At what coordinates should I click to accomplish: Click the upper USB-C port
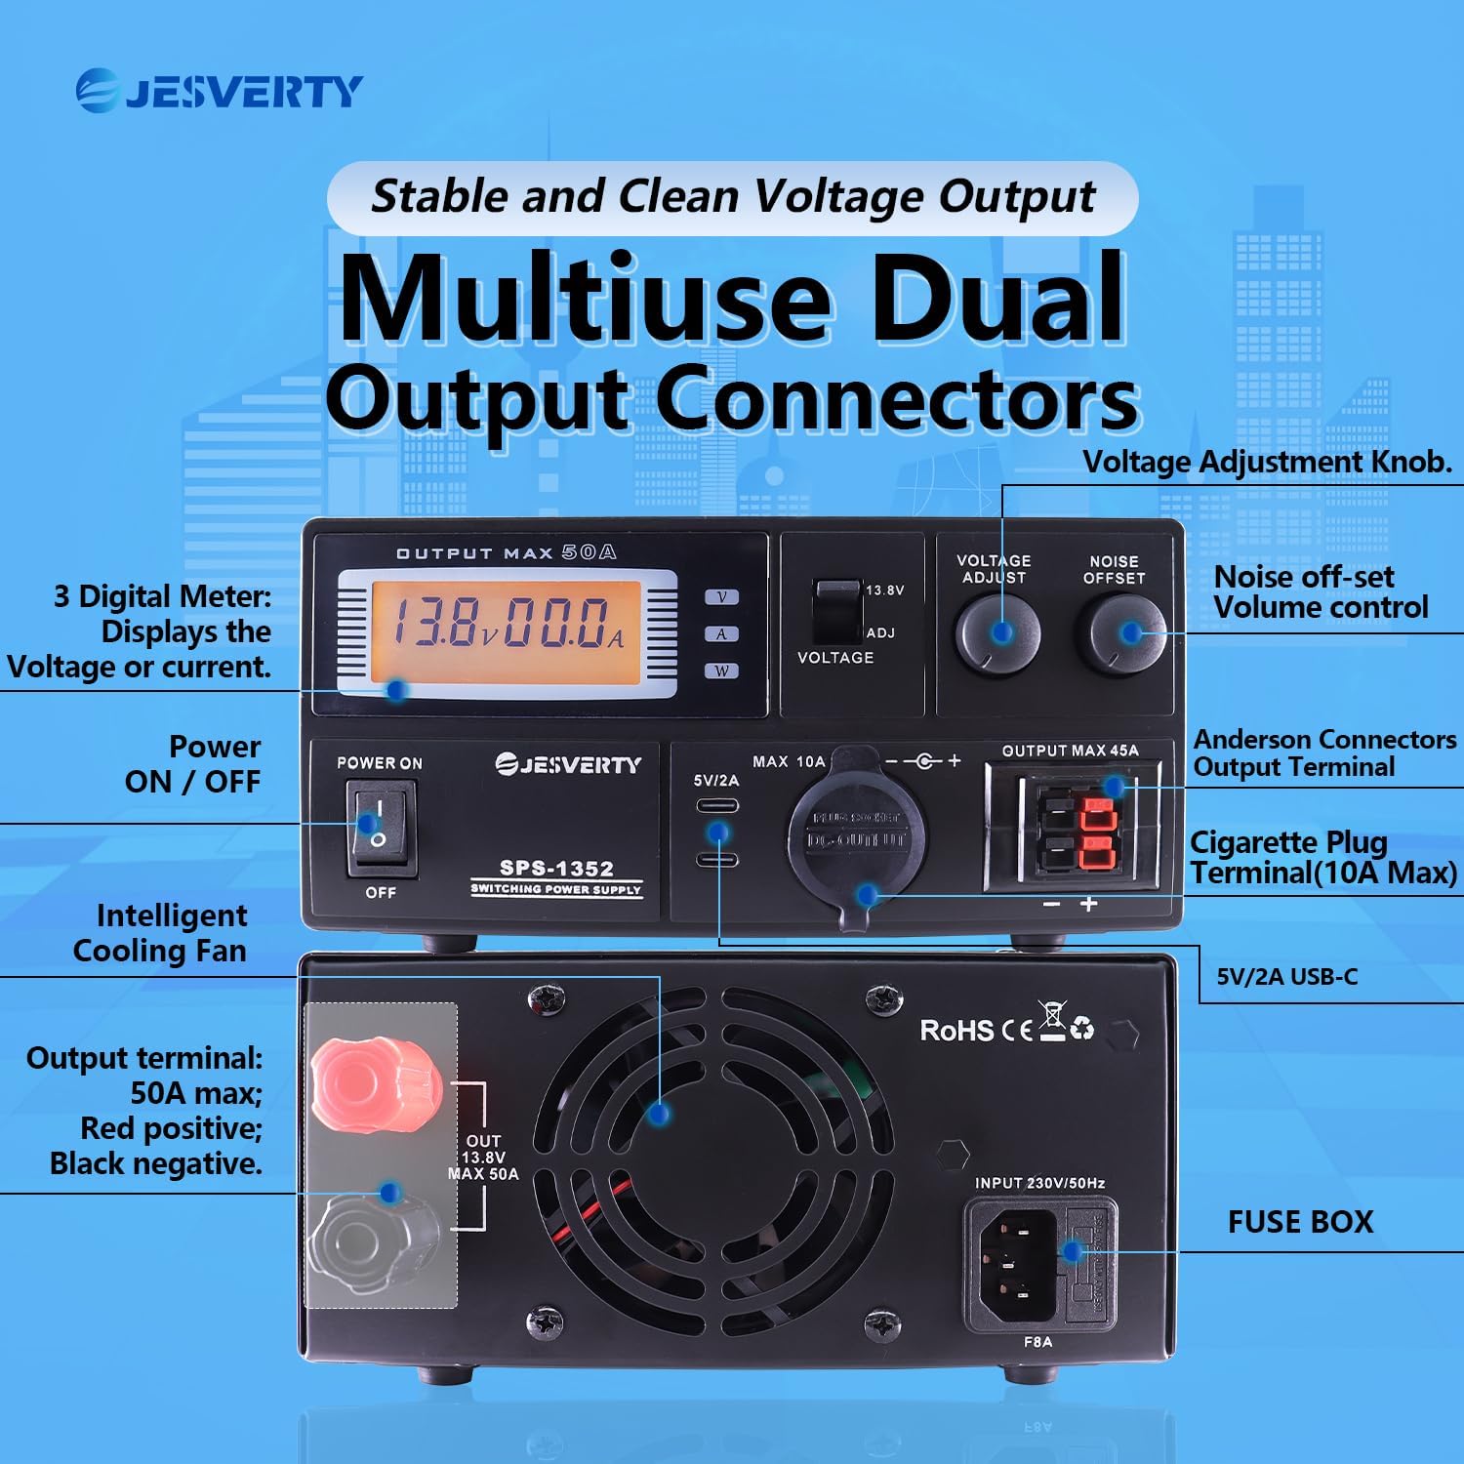717,806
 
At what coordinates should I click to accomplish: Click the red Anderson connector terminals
1099,833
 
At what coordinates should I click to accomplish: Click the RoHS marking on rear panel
956,1031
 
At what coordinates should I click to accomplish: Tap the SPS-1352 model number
556,868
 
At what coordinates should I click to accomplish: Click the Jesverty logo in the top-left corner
220,92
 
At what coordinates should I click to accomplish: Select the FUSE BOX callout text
1300,1222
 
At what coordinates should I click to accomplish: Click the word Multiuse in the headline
585,299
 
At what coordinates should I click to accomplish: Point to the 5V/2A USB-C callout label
1286,977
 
